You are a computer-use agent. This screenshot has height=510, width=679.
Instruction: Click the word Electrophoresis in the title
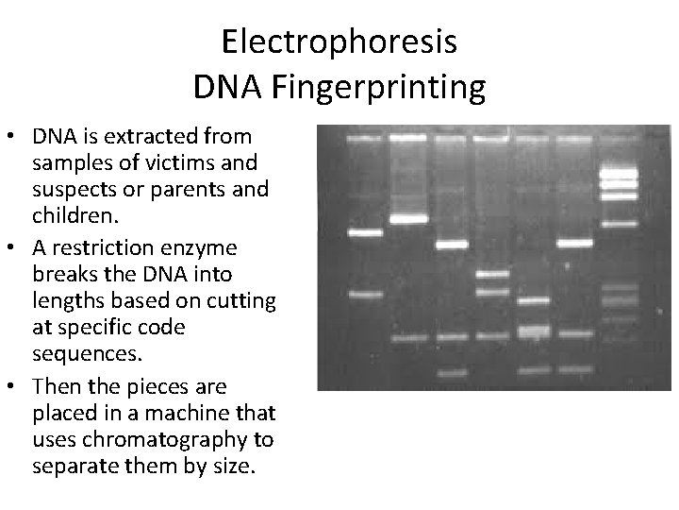[339, 42]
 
